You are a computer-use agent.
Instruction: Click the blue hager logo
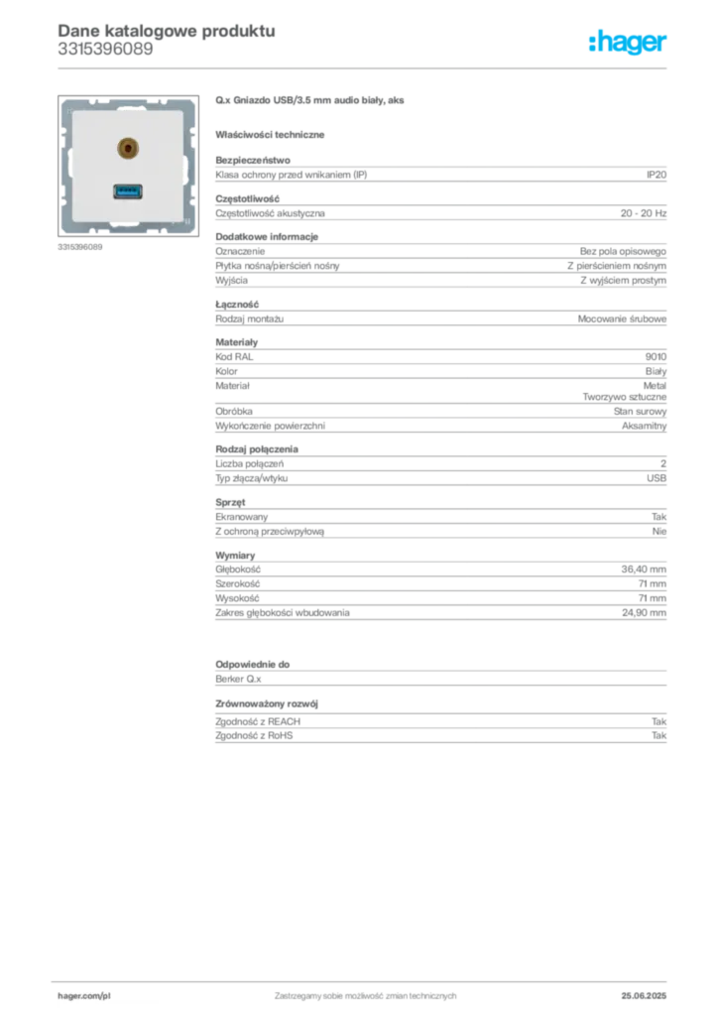[629, 43]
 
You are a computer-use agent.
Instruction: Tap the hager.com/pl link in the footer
[111, 995]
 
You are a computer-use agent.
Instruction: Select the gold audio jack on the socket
[126, 150]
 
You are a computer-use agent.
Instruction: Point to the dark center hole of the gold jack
[126, 150]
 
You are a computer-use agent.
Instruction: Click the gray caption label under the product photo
[79, 247]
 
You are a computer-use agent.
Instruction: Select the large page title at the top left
[166, 30]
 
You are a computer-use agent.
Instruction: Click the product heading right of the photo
[312, 101]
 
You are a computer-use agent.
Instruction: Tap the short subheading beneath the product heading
[273, 134]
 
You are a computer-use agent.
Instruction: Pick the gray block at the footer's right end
[645, 989]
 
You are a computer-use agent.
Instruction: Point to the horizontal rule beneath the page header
[365, 68]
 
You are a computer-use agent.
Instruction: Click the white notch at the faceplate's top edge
[128, 98]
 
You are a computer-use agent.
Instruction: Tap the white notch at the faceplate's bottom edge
[128, 233]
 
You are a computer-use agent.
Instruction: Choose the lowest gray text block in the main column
[439, 723]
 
